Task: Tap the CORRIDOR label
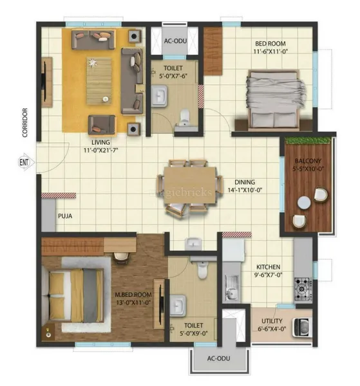point(25,123)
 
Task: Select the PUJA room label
point(65,216)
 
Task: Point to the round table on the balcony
point(304,203)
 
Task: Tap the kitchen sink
point(231,288)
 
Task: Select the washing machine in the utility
point(302,327)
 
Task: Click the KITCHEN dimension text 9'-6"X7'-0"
point(268,275)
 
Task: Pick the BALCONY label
point(308,161)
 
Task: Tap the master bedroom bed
point(75,295)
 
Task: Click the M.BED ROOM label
point(133,295)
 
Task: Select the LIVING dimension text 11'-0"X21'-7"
point(100,150)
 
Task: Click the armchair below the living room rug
point(102,125)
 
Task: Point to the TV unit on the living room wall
point(46,82)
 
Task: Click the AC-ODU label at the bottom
point(218,358)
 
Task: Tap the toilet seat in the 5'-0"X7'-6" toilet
point(185,117)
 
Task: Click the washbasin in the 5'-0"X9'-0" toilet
point(177,305)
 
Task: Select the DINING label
point(245,182)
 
